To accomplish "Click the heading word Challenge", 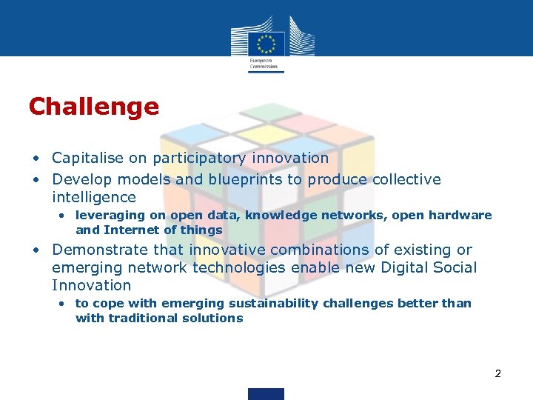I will tap(93, 107).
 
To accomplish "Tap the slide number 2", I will tap(498, 373).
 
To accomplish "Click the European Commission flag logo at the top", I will tap(266, 41).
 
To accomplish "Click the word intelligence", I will tap(94, 197).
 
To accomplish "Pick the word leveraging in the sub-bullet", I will tap(104, 215).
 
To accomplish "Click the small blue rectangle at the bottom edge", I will tap(266, 393).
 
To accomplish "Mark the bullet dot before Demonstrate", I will tap(36, 250).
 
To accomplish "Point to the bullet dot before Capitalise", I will tap(36, 159).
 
